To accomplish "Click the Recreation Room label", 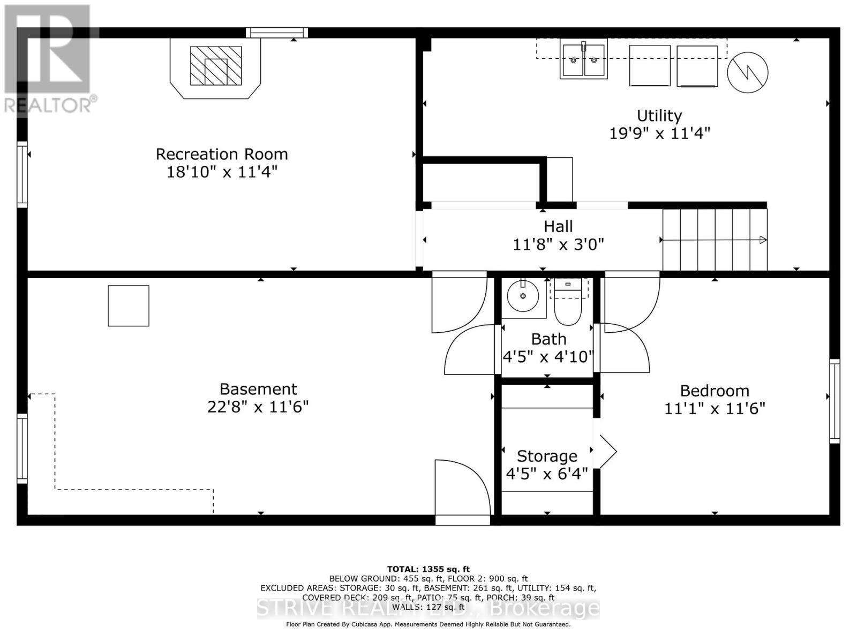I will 222,154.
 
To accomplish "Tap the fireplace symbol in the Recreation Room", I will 216,66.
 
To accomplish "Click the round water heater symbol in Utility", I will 747,72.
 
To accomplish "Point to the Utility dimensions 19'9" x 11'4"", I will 659,133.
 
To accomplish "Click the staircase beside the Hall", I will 715,240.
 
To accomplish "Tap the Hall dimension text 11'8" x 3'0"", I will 558,244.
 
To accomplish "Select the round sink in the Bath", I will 522,295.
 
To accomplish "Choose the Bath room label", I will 548,339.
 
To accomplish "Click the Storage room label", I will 547,456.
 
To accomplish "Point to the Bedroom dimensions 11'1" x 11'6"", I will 715,409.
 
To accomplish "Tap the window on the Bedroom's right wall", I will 834,401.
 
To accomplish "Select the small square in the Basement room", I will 129,305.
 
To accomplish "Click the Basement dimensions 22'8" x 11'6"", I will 258,407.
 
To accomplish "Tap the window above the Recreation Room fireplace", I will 277,33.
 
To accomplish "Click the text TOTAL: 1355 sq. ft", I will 428,569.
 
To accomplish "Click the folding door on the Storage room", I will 605,451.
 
